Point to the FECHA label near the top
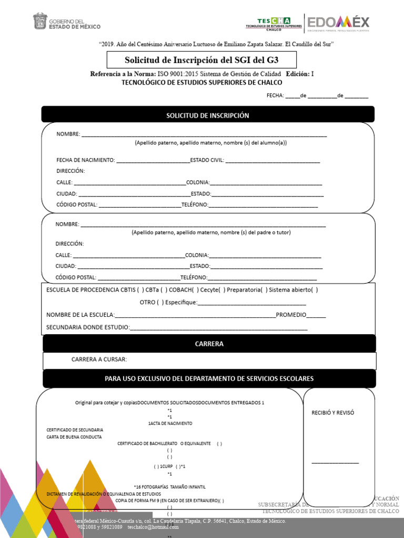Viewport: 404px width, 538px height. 275,96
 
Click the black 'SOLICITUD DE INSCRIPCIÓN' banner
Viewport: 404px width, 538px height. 208,115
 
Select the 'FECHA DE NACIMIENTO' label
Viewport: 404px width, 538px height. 85,160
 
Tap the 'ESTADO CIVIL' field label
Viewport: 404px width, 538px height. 207,160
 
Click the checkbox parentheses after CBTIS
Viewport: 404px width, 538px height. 140,289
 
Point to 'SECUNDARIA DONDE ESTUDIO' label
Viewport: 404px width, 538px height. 88,327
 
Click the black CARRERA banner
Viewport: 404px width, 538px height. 209,344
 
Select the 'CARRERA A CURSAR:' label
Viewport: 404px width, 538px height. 99,360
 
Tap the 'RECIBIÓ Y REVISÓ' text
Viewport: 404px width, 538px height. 332,412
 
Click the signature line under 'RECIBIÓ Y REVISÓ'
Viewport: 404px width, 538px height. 335,463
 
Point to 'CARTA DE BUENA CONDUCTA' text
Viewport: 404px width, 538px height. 74,437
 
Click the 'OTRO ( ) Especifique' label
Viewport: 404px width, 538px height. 168,302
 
